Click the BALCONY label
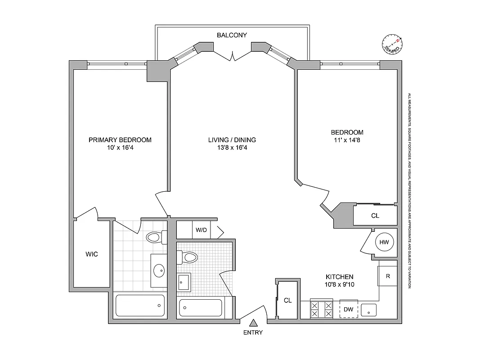(x=232, y=35)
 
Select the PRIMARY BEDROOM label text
(x=120, y=140)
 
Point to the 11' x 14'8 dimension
(x=347, y=140)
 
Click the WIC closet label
(x=92, y=254)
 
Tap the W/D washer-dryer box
(x=201, y=230)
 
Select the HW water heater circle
(x=384, y=242)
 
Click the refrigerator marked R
(x=388, y=276)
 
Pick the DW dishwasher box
(x=348, y=309)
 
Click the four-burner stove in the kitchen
(x=321, y=309)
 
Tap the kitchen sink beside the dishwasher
(x=371, y=310)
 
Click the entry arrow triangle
(x=253, y=322)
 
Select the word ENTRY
(x=253, y=333)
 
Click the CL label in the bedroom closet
(x=375, y=216)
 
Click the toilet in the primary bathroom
(x=155, y=238)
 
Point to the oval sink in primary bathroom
(x=159, y=270)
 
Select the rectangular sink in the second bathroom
(x=184, y=282)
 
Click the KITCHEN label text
(x=340, y=277)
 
